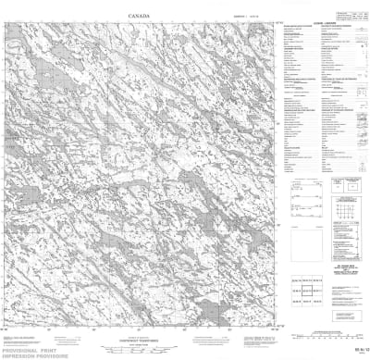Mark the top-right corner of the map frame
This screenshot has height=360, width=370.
coord(275,25)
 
